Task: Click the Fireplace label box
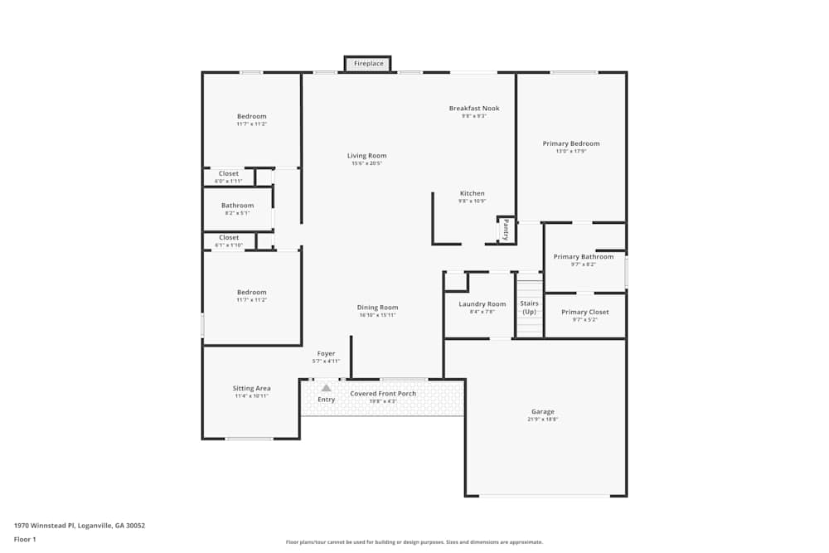pyautogui.click(x=368, y=64)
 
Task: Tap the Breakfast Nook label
pyautogui.click(x=474, y=109)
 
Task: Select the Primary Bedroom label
pyautogui.click(x=571, y=143)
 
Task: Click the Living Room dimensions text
pyautogui.click(x=366, y=164)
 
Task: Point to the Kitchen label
pyautogui.click(x=472, y=194)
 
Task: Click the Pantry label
pyautogui.click(x=506, y=229)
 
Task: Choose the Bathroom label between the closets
pyautogui.click(x=237, y=206)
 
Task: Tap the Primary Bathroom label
pyautogui.click(x=584, y=257)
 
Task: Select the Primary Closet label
pyautogui.click(x=584, y=313)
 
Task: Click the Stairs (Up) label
pyautogui.click(x=529, y=307)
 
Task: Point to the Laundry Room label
pyautogui.click(x=482, y=304)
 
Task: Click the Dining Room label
pyautogui.click(x=377, y=308)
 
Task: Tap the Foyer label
pyautogui.click(x=326, y=354)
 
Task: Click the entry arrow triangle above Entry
pyautogui.click(x=327, y=387)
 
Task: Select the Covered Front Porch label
pyautogui.click(x=383, y=394)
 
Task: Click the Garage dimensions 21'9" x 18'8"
pyautogui.click(x=543, y=420)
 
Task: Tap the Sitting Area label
pyautogui.click(x=251, y=388)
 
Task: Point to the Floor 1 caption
pyautogui.click(x=25, y=539)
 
